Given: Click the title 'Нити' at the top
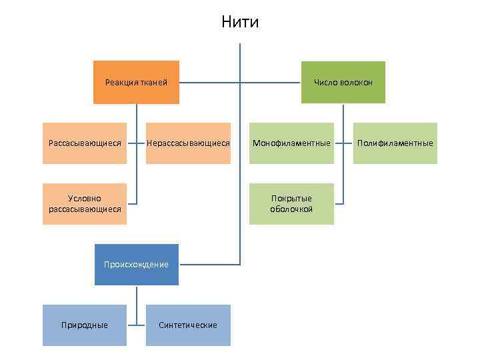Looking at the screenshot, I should click(240, 23).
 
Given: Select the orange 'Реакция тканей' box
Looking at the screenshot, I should click(136, 83).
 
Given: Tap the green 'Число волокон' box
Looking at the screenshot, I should click(343, 83).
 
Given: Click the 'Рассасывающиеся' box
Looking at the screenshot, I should click(85, 143).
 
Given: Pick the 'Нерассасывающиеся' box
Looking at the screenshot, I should click(188, 143).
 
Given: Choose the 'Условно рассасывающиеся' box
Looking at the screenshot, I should click(85, 204).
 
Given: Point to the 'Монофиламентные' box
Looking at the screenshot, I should click(291, 143).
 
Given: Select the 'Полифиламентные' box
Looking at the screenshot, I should click(395, 143).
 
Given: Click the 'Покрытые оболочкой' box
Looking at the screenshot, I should click(291, 204).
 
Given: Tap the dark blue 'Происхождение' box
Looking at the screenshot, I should click(136, 265).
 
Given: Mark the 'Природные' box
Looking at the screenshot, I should click(85, 325).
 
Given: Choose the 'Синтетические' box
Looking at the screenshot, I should click(188, 325).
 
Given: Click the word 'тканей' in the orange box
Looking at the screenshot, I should click(153, 83).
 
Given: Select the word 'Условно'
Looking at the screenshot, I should click(85, 199).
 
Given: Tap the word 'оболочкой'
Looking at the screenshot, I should click(291, 209).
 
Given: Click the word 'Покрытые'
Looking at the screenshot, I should click(291, 199).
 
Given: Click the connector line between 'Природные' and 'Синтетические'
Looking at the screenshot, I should click(137, 325).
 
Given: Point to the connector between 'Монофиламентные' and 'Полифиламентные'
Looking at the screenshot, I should click(343, 143).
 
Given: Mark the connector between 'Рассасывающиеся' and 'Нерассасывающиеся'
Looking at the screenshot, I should click(137, 143).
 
